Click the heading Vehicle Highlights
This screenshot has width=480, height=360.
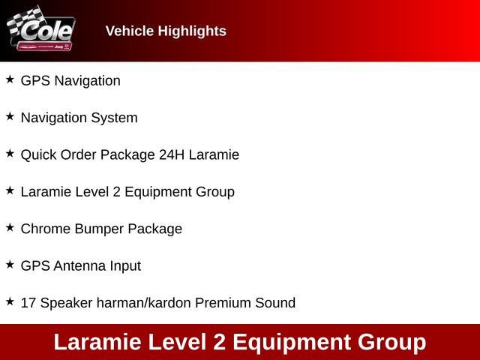(x=166, y=31)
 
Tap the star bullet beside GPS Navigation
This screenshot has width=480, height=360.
(x=10, y=79)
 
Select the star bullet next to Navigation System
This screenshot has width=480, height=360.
(x=10, y=116)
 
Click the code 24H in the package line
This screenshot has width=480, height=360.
(x=172, y=154)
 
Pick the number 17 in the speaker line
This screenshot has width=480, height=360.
(x=28, y=303)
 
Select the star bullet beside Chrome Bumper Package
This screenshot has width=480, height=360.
(x=10, y=227)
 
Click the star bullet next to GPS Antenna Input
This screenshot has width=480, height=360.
(x=10, y=264)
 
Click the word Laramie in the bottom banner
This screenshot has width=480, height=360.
(x=98, y=342)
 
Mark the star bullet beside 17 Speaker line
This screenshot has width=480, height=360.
(x=10, y=301)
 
